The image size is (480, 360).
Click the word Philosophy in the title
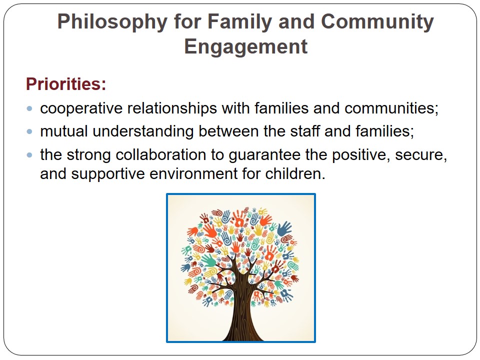[112, 22]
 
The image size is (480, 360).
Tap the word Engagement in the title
[245, 47]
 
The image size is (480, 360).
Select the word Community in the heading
[377, 22]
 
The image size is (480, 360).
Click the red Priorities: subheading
[66, 84]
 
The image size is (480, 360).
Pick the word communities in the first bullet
[391, 108]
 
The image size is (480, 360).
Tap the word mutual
[63, 131]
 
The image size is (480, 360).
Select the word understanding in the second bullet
[143, 131]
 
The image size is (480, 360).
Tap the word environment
[193, 174]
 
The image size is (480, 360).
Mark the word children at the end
[295, 173]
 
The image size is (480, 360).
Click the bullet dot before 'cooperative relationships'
[29, 108]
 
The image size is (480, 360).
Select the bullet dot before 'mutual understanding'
[29, 131]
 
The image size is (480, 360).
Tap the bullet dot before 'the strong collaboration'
[29, 155]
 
